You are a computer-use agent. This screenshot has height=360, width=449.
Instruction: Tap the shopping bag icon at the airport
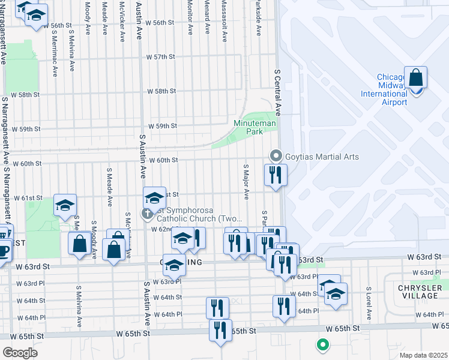pyautogui.click(x=415, y=78)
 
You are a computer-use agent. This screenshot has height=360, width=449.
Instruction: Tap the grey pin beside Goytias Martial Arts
pyautogui.click(x=276, y=156)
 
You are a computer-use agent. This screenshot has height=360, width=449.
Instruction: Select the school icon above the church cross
pyautogui.click(x=154, y=197)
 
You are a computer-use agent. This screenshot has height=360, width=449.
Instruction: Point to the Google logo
pyautogui.click(x=20, y=353)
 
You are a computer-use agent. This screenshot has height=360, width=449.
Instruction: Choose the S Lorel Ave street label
pyautogui.click(x=369, y=306)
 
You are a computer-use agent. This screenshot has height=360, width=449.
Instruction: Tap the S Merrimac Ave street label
pyautogui.click(x=55, y=55)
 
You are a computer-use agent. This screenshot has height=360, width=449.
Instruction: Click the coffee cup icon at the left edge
pyautogui.click(x=4, y=249)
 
